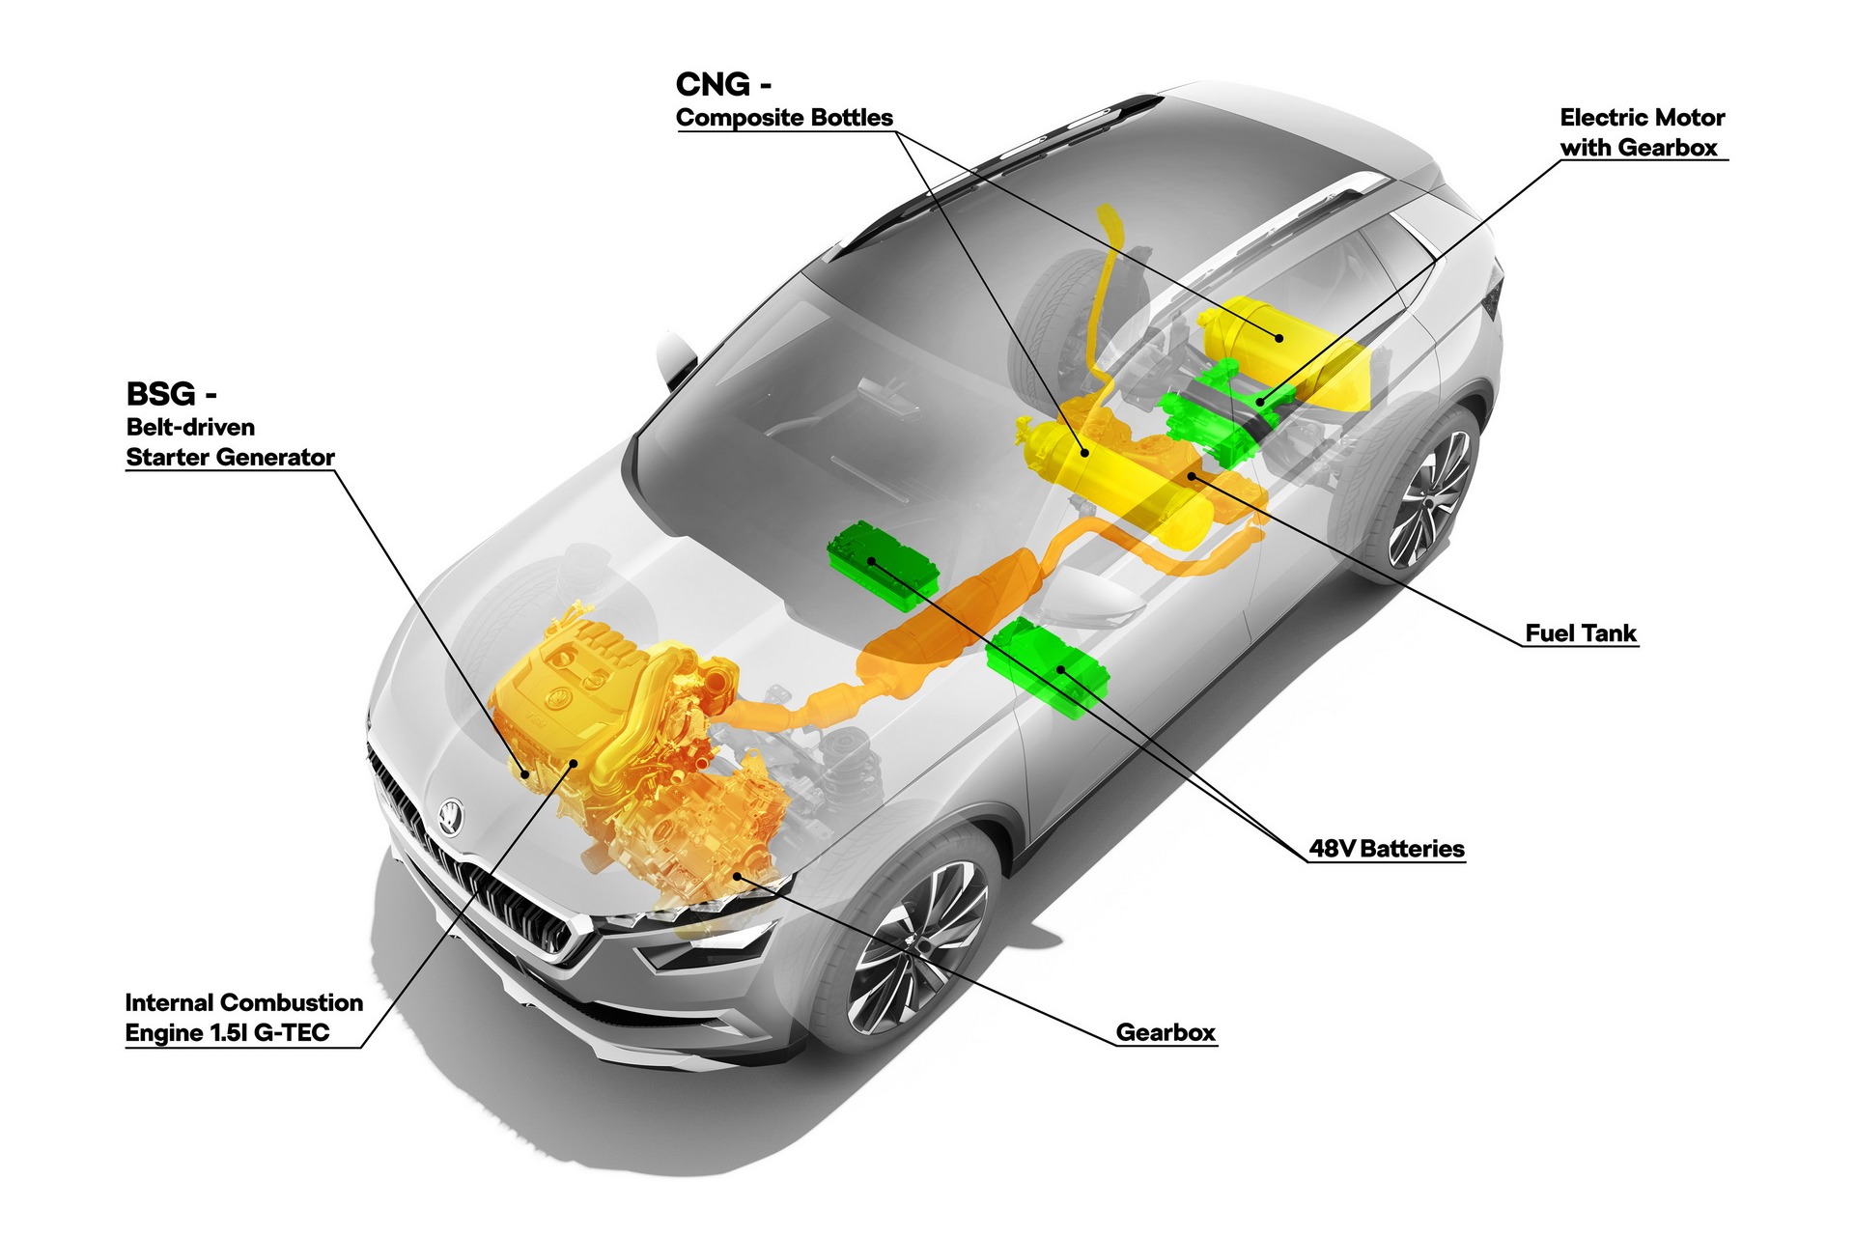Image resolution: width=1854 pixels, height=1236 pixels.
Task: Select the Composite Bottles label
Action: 784,118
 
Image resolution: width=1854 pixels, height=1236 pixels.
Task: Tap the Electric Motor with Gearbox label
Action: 1642,132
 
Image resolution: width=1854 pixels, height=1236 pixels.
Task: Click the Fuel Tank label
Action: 1581,633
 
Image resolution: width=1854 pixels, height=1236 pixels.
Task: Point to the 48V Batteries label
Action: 1387,849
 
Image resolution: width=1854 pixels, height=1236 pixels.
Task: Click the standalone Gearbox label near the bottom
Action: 1166,1032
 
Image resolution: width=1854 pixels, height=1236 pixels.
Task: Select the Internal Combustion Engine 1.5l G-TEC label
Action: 244,1018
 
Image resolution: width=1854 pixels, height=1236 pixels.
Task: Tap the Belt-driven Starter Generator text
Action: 231,442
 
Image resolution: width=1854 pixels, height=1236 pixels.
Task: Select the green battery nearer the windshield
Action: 883,566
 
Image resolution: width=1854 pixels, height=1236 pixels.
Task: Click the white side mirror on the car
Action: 677,358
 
